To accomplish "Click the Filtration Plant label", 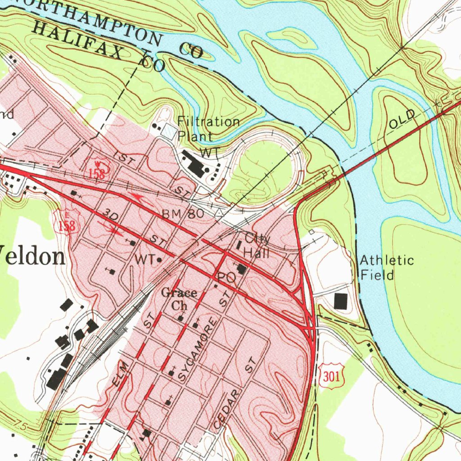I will (208, 128).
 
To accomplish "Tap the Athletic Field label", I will (386, 267).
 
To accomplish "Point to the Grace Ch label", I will (179, 299).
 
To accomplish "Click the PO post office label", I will (226, 278).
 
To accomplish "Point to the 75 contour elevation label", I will (19, 424).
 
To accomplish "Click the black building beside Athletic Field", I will (341, 301).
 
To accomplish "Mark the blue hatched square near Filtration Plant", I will (169, 132).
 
